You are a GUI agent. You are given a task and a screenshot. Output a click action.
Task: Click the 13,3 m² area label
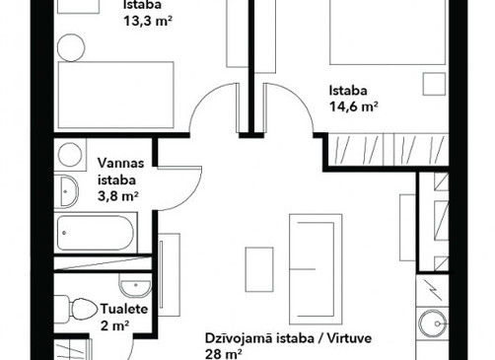[148, 21]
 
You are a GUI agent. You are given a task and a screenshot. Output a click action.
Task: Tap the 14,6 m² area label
[353, 107]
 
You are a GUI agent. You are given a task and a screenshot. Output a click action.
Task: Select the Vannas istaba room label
[121, 172]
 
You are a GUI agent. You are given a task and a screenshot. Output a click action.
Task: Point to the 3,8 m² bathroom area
[117, 196]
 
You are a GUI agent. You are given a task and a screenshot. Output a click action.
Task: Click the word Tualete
[124, 309]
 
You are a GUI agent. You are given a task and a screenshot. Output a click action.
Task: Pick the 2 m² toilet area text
[114, 326]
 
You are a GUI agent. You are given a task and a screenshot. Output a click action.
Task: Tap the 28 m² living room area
[224, 354]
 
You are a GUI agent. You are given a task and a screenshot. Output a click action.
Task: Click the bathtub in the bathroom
[96, 233]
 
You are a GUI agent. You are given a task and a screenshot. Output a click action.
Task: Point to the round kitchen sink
[432, 324]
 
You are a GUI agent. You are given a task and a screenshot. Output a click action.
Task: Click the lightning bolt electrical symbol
[431, 290]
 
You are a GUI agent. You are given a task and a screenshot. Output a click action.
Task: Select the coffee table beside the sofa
[259, 269]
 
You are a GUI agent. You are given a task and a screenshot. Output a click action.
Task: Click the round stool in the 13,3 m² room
[71, 47]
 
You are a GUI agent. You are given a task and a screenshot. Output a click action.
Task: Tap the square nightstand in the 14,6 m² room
[434, 84]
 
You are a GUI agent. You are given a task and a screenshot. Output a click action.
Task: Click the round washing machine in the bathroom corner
[70, 155]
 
